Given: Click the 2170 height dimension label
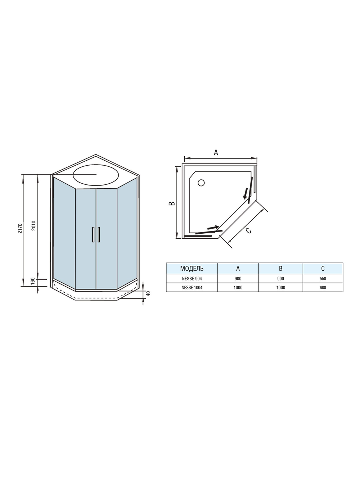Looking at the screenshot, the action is click(20, 229).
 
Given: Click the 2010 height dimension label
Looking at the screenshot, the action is click(33, 225).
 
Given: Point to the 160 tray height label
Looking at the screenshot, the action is click(33, 281).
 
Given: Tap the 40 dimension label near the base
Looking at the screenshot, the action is click(148, 293).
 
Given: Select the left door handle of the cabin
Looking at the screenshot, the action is click(93, 235).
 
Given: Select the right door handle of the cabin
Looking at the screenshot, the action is click(99, 235).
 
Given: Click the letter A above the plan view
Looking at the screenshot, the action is click(216, 152).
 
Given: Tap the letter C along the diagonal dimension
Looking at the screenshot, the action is click(249, 231).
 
